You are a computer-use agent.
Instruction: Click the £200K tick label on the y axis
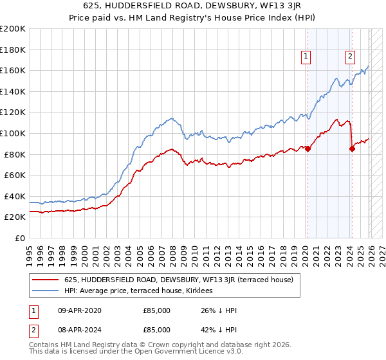(x=13, y=29)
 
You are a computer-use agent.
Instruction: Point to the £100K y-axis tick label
(x=13, y=133)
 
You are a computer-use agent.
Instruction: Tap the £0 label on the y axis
(x=19, y=238)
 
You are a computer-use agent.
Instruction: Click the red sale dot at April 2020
(x=308, y=149)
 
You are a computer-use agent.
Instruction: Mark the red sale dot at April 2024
(x=352, y=149)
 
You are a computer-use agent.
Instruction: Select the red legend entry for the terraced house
(x=179, y=280)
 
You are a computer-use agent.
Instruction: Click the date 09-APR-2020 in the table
(x=75, y=310)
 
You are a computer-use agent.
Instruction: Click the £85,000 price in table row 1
(x=156, y=310)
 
